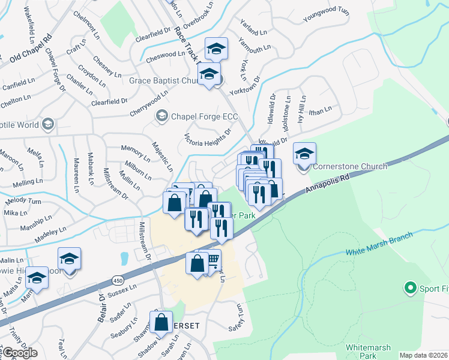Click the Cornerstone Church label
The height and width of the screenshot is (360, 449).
coord(349,166)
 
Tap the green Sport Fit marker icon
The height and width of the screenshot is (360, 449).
coord(411,288)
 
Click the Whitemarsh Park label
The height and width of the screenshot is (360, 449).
coord(368,352)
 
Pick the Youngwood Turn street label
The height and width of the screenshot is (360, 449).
coord(326,14)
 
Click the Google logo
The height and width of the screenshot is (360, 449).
coord(20,353)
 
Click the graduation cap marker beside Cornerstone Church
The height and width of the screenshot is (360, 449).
coord(304,154)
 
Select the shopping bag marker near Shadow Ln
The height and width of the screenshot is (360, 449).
coord(161,322)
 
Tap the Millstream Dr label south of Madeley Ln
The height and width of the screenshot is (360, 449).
coord(146,238)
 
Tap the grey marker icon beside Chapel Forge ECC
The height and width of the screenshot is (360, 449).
coord(161,115)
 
